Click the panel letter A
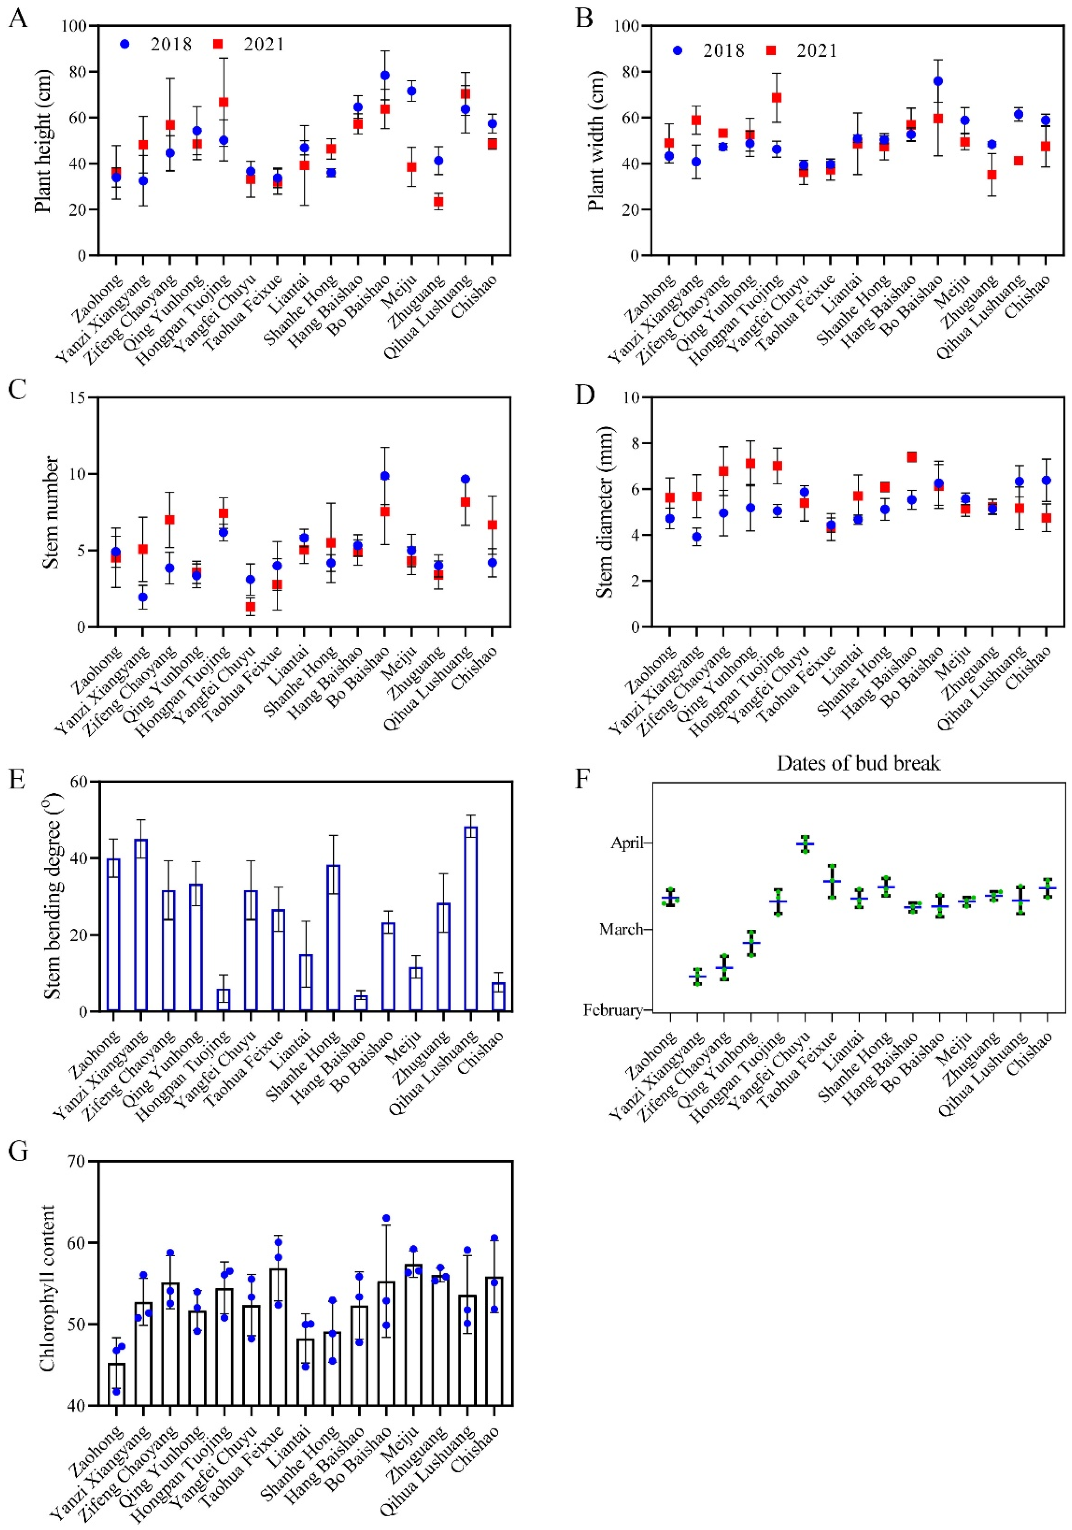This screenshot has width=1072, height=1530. (x=18, y=18)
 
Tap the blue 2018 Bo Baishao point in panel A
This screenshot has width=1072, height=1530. (x=385, y=75)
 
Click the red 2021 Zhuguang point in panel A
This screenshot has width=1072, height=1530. (x=438, y=202)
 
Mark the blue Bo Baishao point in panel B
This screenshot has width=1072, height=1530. (x=938, y=81)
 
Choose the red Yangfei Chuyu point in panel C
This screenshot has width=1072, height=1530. (x=251, y=606)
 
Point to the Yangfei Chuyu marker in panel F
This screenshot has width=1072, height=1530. (x=805, y=844)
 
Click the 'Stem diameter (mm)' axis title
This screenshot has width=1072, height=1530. (x=604, y=512)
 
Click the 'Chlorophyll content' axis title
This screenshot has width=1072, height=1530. (x=47, y=1291)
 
